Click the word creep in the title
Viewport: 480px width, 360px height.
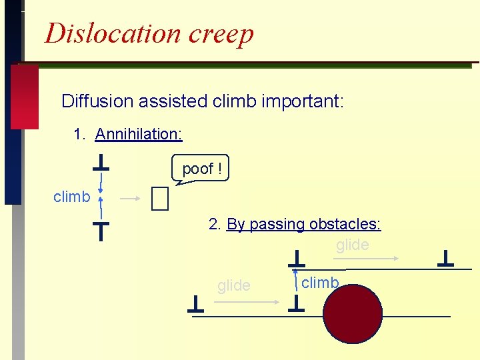pos(221,34)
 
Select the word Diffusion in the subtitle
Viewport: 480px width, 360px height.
pos(97,101)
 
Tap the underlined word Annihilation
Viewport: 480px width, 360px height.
pos(139,134)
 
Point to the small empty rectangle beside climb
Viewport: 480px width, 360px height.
pos(160,198)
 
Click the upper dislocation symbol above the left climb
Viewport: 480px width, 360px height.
pos(101,163)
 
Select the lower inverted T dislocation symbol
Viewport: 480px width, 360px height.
pos(100,231)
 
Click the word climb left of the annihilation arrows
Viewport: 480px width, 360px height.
pos(71,197)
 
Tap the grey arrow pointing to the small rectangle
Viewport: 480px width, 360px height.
pos(131,198)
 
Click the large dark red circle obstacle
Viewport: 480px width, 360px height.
pos(353,313)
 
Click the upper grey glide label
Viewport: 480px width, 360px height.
pos(352,245)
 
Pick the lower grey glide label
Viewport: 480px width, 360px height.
pos(234,286)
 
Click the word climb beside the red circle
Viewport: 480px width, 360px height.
pos(320,283)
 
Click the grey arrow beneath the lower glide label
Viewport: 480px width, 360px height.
pos(247,301)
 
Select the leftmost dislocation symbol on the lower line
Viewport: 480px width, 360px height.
pos(195,305)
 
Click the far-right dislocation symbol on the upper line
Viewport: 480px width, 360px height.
pos(445,259)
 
